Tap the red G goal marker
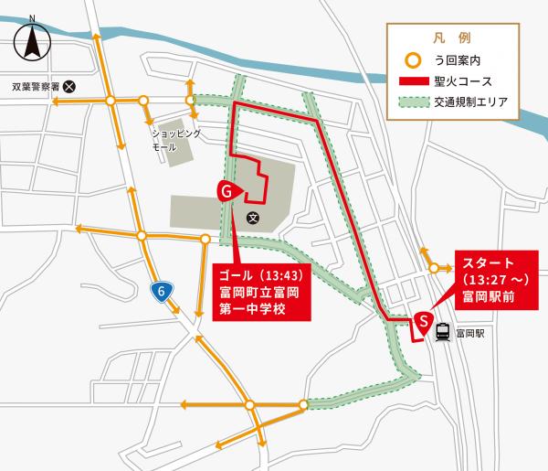coord(227,190)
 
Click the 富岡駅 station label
coord(473,335)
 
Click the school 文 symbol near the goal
coord(253,218)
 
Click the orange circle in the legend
coord(413,62)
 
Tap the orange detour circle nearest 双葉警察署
coord(109,101)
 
